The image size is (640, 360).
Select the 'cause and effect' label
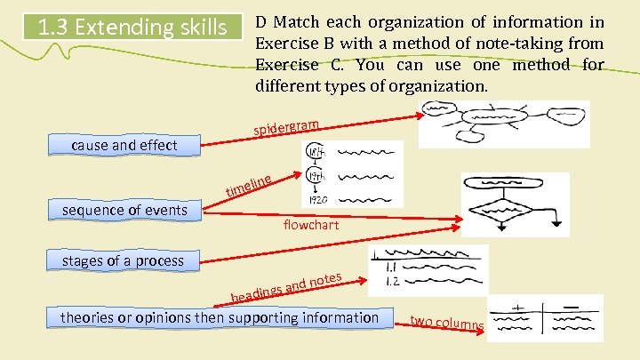[x=124, y=145]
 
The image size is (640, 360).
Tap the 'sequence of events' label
[x=124, y=210]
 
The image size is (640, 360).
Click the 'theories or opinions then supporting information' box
[x=220, y=317]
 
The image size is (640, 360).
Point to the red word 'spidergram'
[x=285, y=126]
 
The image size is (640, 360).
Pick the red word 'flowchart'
[x=311, y=225]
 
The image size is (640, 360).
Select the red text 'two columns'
[x=447, y=324]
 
